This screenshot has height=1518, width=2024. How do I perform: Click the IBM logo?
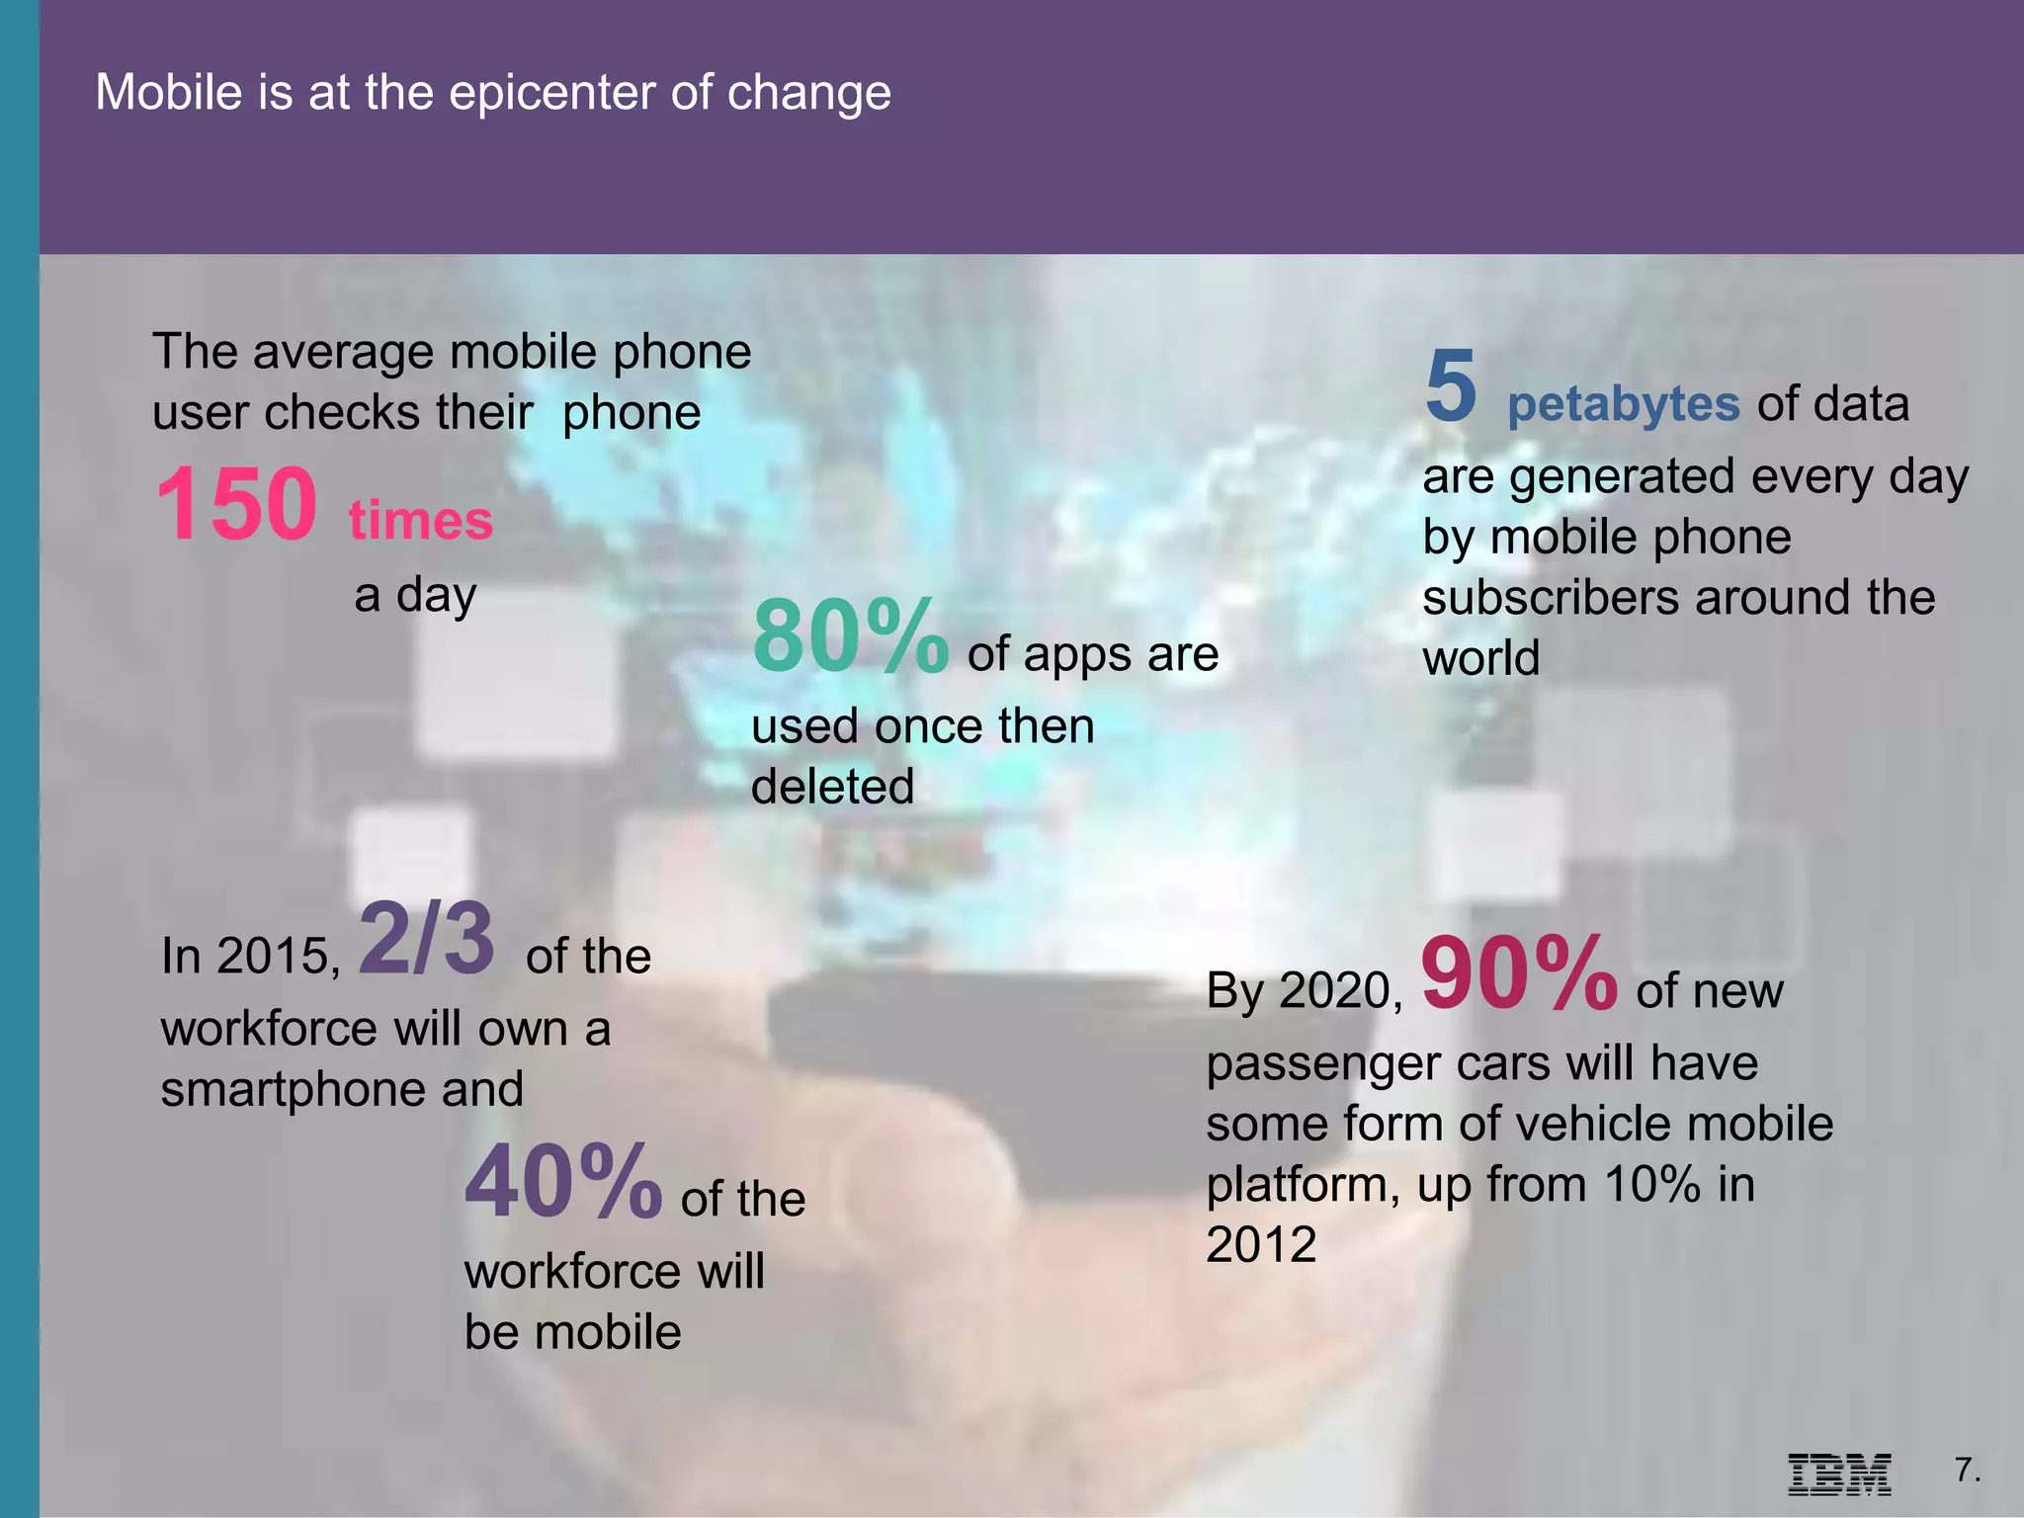[x=1839, y=1475]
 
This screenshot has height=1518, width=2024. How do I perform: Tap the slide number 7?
[x=1967, y=1471]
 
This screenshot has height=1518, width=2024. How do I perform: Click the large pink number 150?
[x=236, y=504]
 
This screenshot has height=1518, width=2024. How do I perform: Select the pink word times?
[x=420, y=520]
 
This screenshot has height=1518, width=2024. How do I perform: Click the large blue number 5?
[x=1451, y=385]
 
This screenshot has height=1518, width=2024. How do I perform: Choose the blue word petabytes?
[x=1623, y=404]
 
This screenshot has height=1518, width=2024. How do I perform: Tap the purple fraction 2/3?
[x=426, y=939]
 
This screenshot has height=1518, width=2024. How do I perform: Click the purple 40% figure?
[x=563, y=1182]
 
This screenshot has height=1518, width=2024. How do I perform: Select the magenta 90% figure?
[x=1519, y=974]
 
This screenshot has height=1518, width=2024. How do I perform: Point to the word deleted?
[x=832, y=788]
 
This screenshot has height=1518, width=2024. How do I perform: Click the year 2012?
[x=1261, y=1244]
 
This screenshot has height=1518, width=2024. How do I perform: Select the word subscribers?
[x=1552, y=599]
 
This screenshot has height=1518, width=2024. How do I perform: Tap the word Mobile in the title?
[x=168, y=93]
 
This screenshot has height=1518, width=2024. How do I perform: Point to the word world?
[x=1480, y=659]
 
